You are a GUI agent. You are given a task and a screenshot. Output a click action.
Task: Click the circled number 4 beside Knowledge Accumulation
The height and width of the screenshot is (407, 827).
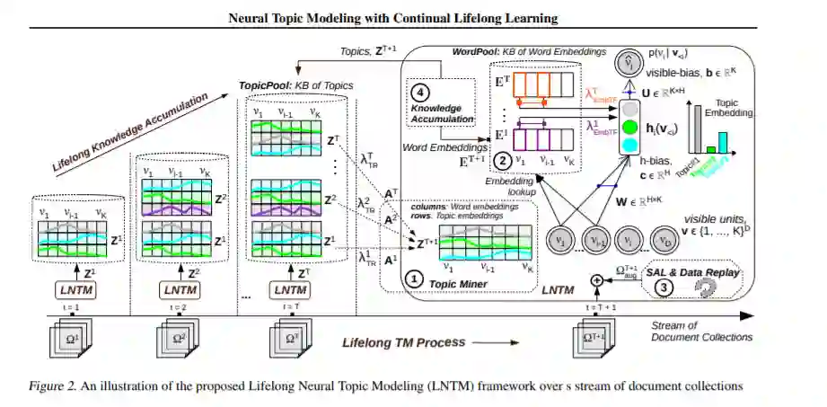tap(418, 92)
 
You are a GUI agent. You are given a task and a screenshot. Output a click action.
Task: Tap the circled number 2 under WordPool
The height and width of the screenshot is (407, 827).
tap(505, 161)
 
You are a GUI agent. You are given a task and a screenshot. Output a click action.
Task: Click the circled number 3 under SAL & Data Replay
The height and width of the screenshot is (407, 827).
tap(663, 288)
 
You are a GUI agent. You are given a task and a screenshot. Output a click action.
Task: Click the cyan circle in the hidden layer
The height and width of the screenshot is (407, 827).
tap(630, 146)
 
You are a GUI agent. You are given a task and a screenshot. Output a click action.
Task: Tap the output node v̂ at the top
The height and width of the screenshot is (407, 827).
tap(629, 65)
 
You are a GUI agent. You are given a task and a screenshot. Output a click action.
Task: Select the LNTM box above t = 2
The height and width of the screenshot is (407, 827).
tap(180, 291)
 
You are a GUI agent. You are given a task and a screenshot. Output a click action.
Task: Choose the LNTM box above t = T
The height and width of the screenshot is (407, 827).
tap(290, 291)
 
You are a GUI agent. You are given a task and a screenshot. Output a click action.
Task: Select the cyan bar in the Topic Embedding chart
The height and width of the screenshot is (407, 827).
tap(726, 142)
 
